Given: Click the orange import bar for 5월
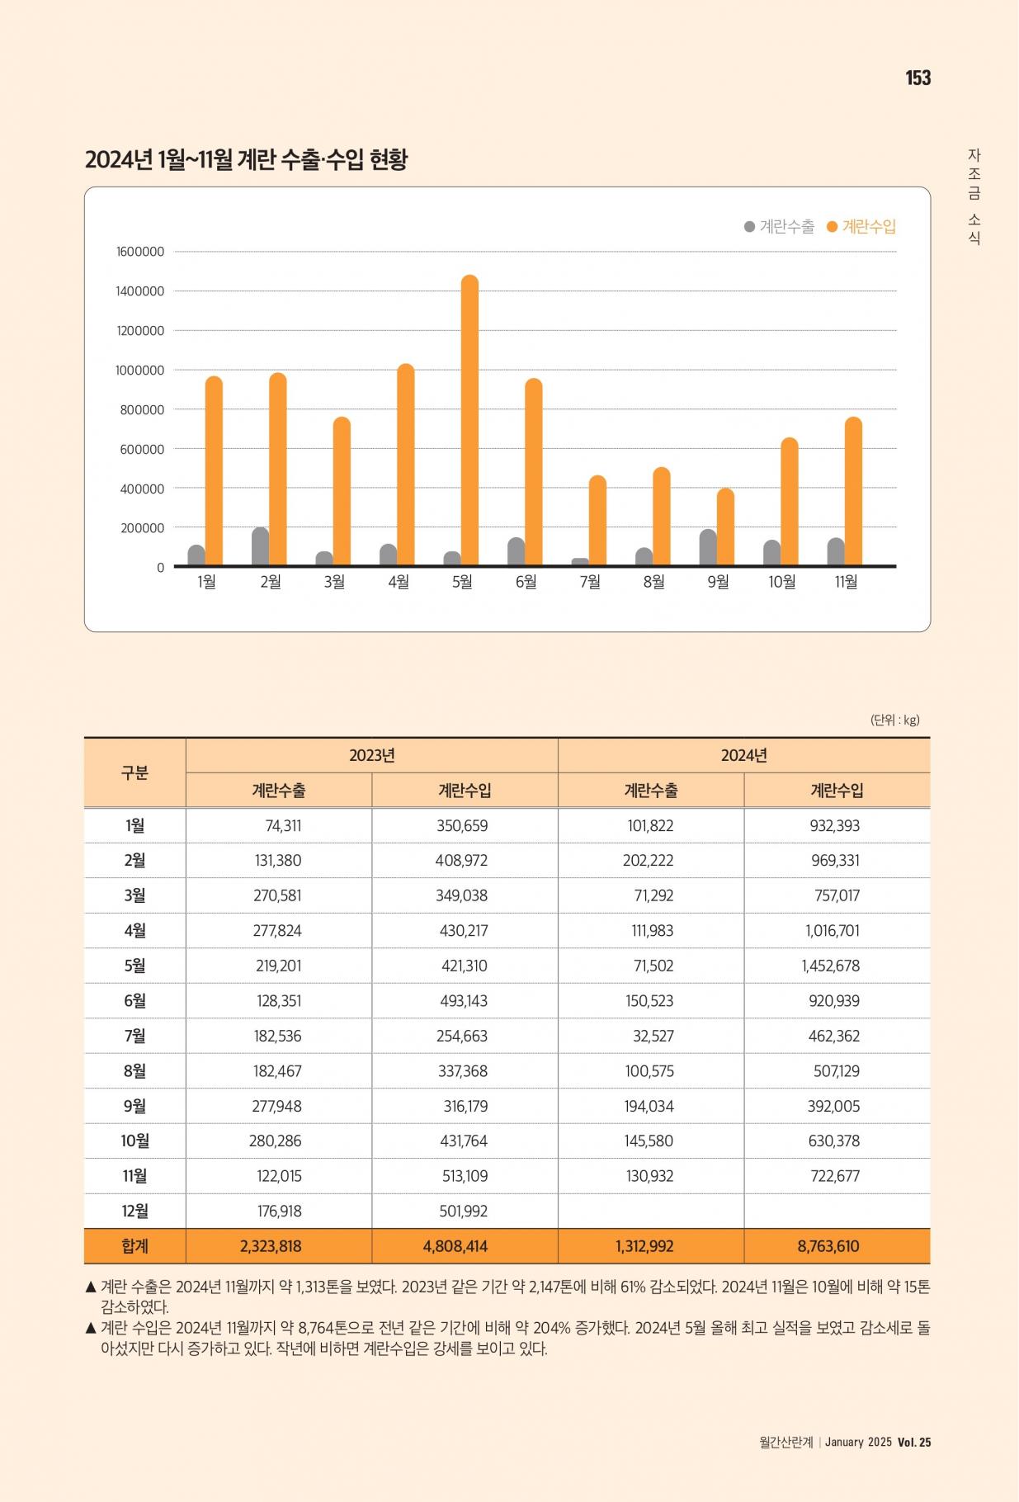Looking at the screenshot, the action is pos(469,420).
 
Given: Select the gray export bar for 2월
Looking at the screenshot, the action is pos(261,546).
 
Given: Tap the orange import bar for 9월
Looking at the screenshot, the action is pos(725,527).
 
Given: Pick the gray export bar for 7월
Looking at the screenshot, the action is pos(580,562).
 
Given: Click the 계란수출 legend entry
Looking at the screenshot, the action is pos(779,226).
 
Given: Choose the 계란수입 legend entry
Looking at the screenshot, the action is pos(861,226).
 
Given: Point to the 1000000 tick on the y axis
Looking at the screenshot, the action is pos(139,371).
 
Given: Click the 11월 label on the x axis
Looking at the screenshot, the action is pos(846,582).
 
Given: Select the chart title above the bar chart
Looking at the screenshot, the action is pos(246,159).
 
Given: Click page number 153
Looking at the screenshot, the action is pos(918,78).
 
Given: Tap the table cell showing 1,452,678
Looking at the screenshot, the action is pos(831,966).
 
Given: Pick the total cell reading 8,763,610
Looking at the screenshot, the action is pos(828,1246).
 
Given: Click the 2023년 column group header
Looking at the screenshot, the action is pos(372,755).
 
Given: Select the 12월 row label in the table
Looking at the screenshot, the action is pos(134,1211).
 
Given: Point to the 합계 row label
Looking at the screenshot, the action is pos(134,1246).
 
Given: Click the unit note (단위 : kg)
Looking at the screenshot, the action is pos(895,720).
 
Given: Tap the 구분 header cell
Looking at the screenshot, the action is pos(134,772).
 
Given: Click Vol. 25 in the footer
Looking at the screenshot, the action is pos(914,1442).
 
